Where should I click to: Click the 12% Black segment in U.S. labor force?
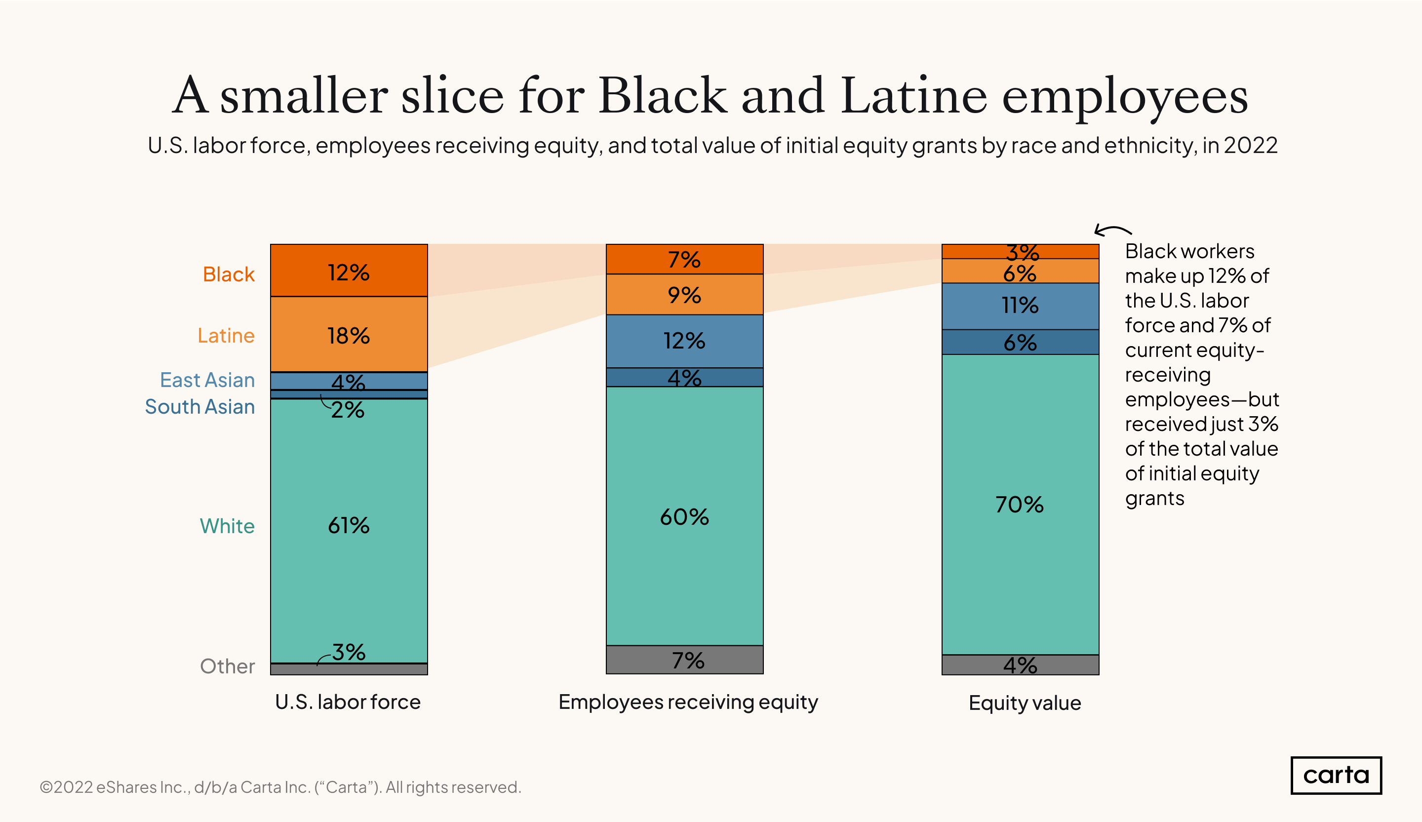tap(349, 271)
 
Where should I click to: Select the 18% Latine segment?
tap(349, 335)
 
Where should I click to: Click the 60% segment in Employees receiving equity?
tap(684, 516)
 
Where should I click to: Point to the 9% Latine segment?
tap(684, 295)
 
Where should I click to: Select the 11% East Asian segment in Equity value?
tap(1020, 306)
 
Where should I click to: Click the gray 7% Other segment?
tap(684, 660)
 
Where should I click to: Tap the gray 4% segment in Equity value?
tap(1020, 665)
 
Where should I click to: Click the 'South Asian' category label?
tap(200, 407)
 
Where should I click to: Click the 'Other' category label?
tap(228, 666)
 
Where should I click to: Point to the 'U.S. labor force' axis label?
tap(348, 702)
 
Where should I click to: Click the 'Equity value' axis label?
tap(1025, 703)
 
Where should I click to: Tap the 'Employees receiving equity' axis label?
tap(688, 702)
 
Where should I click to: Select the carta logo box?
tap(1336, 775)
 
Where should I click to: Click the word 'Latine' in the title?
tap(913, 96)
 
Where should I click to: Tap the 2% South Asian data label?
tap(348, 410)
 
